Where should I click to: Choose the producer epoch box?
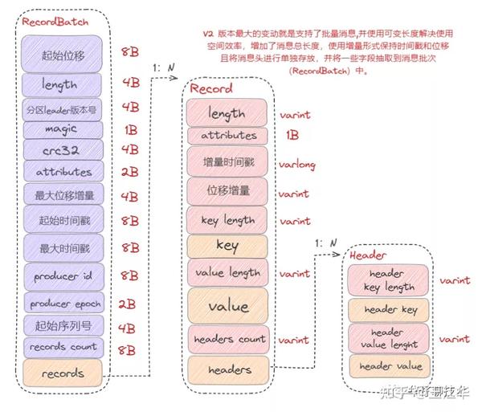64,304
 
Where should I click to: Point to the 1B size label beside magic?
131,129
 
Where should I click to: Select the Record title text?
212,88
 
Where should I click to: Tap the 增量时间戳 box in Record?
227,163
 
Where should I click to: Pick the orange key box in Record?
227,246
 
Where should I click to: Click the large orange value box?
227,306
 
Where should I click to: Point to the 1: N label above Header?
328,243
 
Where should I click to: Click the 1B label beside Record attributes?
292,136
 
